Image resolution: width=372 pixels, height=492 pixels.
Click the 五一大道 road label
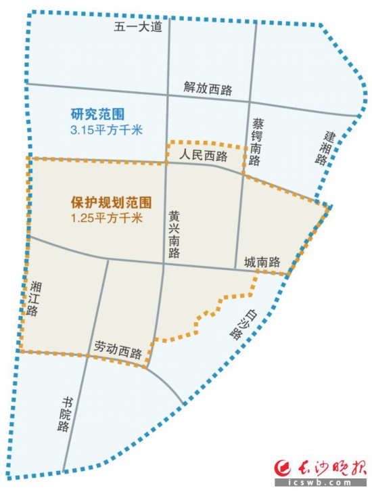point(138,26)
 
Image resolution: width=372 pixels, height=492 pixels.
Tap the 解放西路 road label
point(207,87)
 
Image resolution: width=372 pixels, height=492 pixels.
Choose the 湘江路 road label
point(32,300)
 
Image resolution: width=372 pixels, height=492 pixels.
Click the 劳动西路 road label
point(118,353)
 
